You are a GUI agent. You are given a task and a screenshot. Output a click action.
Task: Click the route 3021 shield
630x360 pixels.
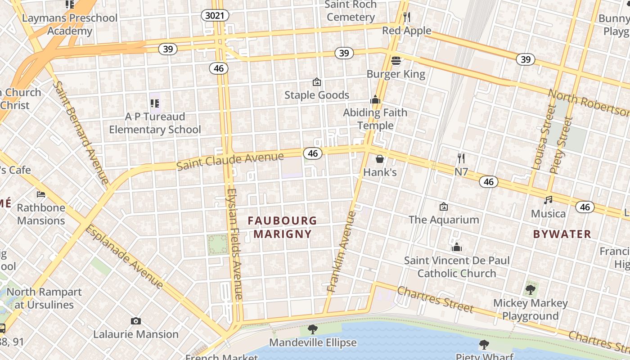point(215,16)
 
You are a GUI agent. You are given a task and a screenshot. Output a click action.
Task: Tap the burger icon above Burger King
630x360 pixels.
point(396,60)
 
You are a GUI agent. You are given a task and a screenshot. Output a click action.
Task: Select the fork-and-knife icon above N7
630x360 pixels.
point(461,158)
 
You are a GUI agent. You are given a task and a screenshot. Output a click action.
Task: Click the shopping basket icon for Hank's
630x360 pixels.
point(380,159)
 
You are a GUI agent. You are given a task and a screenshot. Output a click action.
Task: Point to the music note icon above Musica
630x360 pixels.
point(548,200)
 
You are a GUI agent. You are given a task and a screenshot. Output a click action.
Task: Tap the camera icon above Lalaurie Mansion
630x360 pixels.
point(136,321)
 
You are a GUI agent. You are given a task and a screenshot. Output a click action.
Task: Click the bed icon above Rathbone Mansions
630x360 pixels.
point(41,194)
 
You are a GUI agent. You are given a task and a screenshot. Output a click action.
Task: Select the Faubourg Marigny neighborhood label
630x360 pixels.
point(283,227)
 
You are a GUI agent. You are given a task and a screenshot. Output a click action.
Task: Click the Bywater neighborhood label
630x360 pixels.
point(562,234)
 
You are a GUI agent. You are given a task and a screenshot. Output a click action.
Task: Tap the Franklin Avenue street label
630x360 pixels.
point(342,252)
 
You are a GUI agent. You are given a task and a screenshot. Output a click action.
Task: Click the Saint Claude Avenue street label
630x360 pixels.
point(230,161)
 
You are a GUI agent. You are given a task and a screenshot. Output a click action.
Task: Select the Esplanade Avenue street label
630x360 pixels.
point(124,256)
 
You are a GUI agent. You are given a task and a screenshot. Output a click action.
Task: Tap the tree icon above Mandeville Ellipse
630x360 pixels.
point(312,329)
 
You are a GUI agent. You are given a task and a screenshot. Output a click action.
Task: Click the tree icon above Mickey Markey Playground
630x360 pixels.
point(531,289)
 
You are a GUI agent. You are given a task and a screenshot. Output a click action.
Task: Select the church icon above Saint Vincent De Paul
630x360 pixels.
point(457,247)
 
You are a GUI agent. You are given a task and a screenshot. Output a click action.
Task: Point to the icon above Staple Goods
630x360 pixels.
point(317,82)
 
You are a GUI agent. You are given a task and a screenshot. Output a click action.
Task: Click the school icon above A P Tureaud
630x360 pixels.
point(155,103)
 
